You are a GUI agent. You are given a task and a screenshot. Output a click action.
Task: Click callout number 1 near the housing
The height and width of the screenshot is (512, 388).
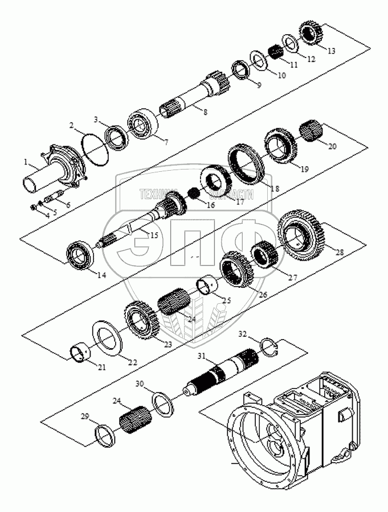pos(27,163)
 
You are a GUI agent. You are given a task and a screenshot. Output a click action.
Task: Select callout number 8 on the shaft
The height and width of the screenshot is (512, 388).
pos(205,113)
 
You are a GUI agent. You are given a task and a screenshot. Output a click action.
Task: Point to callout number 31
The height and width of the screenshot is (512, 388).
pos(201,356)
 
